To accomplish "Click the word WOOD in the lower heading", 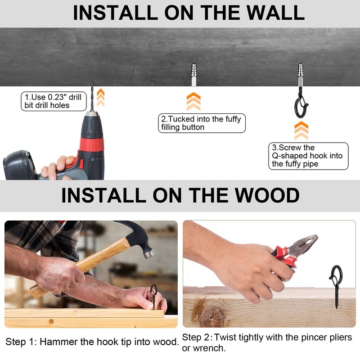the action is pyautogui.click(x=267, y=195).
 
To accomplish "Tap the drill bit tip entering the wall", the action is pyautogui.click(x=92, y=82).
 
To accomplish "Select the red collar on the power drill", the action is pyautogui.click(x=92, y=144).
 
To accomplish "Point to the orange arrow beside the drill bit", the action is pyautogui.click(x=100, y=98).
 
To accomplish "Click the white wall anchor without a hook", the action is pyautogui.click(x=194, y=75).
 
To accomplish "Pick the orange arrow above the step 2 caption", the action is pyautogui.click(x=193, y=102).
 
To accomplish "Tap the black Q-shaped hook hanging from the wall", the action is pyautogui.click(x=301, y=104).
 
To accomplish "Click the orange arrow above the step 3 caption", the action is pyautogui.click(x=301, y=130).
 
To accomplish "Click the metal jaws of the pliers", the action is pyautogui.click(x=303, y=244).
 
